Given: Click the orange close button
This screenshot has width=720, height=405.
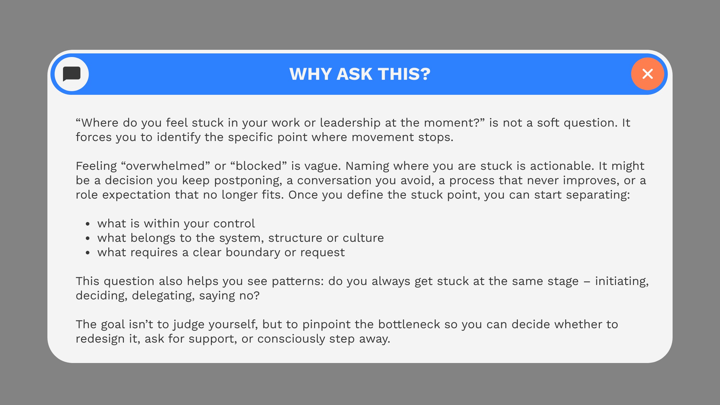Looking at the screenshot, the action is click(x=647, y=74).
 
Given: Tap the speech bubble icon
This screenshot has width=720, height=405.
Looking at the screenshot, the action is click(x=72, y=74).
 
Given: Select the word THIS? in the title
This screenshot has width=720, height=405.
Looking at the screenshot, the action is click(x=404, y=74).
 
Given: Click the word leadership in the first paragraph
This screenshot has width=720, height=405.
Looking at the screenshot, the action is click(x=350, y=123).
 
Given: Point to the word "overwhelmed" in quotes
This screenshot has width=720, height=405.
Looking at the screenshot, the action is click(x=166, y=166).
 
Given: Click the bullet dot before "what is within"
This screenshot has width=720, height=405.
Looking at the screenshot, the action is click(x=88, y=224).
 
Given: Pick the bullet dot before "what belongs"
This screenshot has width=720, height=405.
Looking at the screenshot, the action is click(x=88, y=238).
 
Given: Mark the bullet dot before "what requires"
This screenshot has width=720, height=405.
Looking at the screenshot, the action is click(x=88, y=253).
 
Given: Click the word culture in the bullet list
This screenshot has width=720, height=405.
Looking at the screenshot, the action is click(x=363, y=238).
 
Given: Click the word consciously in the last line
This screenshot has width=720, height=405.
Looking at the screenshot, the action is click(x=291, y=339).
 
